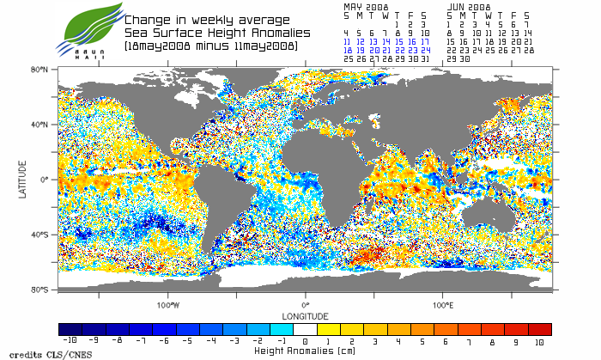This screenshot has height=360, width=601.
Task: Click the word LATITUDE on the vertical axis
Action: [23, 180]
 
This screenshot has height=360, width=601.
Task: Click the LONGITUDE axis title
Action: [305, 314]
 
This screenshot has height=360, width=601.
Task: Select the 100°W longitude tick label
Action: [168, 305]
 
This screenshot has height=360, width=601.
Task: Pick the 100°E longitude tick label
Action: [442, 305]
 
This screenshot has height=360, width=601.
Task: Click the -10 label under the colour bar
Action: [70, 342]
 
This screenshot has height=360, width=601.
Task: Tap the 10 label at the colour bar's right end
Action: [540, 342]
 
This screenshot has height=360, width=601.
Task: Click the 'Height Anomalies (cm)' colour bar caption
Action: [305, 351]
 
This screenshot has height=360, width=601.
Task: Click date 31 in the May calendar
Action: [425, 59]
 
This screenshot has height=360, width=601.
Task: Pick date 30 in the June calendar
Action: [464, 59]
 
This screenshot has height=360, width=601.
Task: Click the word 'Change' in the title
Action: [148, 20]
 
